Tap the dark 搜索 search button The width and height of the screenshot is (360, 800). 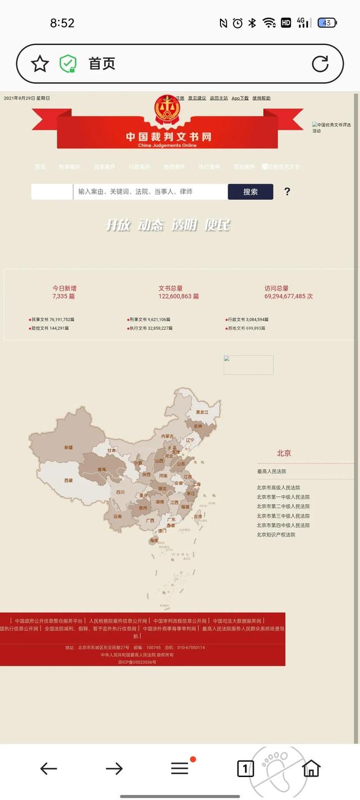pyautogui.click(x=250, y=192)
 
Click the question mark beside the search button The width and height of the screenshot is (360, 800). pyautogui.click(x=287, y=192)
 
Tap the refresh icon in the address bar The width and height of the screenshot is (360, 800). pyautogui.click(x=320, y=64)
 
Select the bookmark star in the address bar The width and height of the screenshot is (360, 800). pyautogui.click(x=40, y=64)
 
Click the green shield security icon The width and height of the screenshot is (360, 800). pyautogui.click(x=68, y=64)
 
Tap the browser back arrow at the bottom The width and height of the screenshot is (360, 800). pyautogui.click(x=48, y=768)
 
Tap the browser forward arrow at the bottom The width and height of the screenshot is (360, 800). pyautogui.click(x=114, y=768)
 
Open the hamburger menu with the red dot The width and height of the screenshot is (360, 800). pyautogui.click(x=180, y=768)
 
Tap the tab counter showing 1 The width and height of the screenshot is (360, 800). pyautogui.click(x=245, y=768)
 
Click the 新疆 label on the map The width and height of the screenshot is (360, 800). pyautogui.click(x=68, y=448)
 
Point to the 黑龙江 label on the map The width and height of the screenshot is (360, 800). pyautogui.click(x=202, y=412)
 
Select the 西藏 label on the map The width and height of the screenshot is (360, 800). pyautogui.click(x=68, y=481)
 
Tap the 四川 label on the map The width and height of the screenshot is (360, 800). pyautogui.click(x=120, y=492)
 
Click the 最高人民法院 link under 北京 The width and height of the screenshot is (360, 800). pyautogui.click(x=272, y=471)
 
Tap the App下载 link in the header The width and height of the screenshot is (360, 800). pyautogui.click(x=240, y=98)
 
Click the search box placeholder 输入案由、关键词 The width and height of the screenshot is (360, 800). pyautogui.click(x=135, y=192)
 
